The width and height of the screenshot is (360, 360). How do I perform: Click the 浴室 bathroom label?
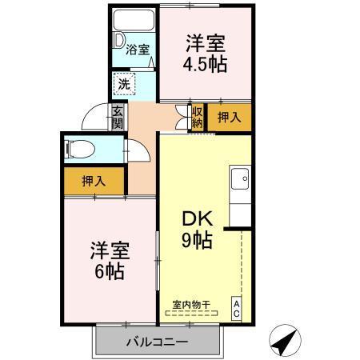pos(138,50)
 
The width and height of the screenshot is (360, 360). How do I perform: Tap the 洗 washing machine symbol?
pos(124,82)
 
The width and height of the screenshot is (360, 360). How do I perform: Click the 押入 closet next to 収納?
pos(229,117)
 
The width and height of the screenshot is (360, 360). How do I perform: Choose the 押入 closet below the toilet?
pos(94,181)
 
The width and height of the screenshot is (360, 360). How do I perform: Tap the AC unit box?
pos(237,308)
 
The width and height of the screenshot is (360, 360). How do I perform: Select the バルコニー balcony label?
pos(157,342)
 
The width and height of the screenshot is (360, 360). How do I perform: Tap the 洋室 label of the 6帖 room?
pos(109,249)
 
